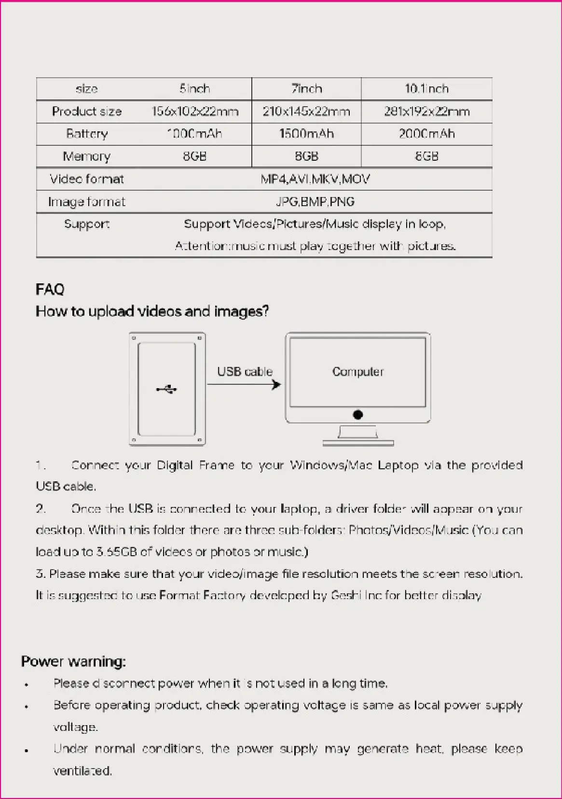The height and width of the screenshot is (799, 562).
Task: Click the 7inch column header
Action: tap(306, 89)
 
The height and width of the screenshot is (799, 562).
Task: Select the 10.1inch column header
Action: tap(426, 89)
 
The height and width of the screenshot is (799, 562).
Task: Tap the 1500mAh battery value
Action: tap(306, 134)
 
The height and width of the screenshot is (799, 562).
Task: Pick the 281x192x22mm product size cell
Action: tap(426, 112)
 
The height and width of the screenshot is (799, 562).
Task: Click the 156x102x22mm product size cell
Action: tap(195, 112)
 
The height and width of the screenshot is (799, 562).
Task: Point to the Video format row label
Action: tap(87, 179)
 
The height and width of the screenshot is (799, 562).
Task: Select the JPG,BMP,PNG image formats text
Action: tap(315, 201)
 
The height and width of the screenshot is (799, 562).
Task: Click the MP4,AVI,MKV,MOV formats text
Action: tap(315, 179)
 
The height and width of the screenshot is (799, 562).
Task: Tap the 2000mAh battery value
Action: tap(426, 134)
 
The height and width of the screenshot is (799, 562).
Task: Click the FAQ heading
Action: tap(50, 289)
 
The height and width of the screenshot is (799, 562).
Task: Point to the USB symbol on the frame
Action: tap(167, 389)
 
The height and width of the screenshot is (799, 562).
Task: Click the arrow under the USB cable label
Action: tap(244, 385)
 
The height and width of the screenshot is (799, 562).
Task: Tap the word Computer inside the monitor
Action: tap(357, 372)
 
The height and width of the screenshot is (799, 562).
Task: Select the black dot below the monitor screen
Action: tap(358, 415)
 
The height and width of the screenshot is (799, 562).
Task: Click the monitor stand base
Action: tap(358, 442)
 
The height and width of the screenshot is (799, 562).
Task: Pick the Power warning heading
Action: tap(73, 661)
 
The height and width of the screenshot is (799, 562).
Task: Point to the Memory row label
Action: tap(87, 156)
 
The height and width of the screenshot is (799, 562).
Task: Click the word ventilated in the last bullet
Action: tap(82, 771)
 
